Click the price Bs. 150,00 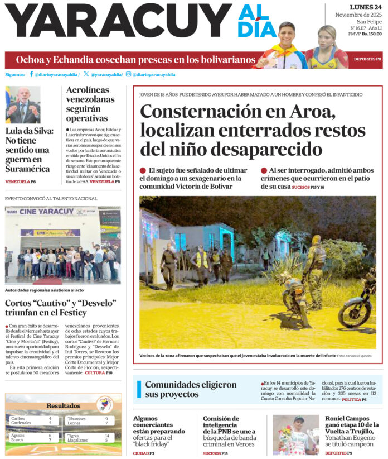(372, 34)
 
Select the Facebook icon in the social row (31, 74)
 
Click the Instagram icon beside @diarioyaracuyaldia (128, 74)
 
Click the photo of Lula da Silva (23, 105)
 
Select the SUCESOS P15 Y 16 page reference (308, 187)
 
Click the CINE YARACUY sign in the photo (46, 212)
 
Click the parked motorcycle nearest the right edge (358, 304)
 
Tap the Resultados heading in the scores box (63, 406)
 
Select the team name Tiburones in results (76, 418)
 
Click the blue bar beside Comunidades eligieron (139, 389)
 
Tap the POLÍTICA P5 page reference (354, 400)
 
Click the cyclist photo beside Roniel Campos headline (295, 434)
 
